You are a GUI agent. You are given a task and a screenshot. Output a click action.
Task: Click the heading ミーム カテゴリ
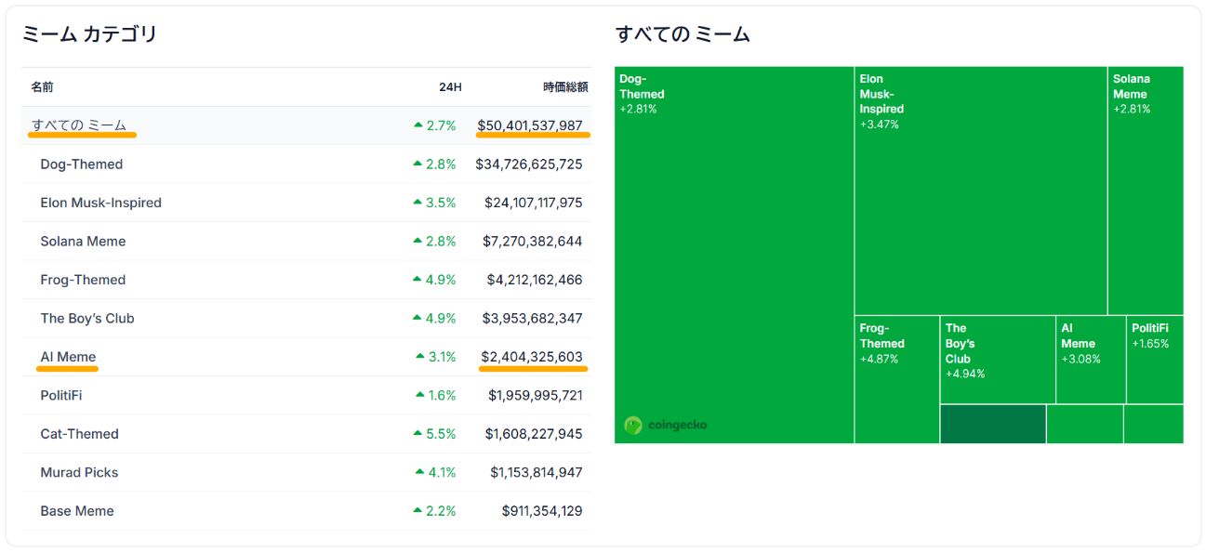point(89,35)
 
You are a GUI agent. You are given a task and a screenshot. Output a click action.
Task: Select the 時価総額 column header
point(565,87)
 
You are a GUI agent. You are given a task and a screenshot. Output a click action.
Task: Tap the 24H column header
point(450,87)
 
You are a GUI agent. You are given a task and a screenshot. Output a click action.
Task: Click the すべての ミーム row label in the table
point(79,125)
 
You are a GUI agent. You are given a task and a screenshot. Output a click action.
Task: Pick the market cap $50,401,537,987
point(530,125)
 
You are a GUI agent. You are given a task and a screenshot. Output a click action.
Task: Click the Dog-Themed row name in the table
point(82,164)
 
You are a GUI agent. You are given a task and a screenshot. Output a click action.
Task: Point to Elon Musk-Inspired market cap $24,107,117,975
point(534,203)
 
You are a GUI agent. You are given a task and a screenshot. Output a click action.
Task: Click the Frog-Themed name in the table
point(83,280)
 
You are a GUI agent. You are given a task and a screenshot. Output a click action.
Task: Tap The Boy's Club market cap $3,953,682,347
point(533,319)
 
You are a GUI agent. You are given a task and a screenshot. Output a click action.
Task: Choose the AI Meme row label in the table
point(68,357)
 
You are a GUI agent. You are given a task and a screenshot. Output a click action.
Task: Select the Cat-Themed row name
point(79,434)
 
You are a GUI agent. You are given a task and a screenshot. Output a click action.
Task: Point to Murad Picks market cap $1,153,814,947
point(537,473)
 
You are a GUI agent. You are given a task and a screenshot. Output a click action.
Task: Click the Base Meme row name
point(77,511)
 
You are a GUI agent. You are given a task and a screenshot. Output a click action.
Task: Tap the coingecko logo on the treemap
point(666,425)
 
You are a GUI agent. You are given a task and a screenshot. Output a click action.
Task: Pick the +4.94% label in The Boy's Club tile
point(965,375)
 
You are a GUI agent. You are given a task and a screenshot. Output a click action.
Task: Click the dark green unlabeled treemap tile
point(992,424)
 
